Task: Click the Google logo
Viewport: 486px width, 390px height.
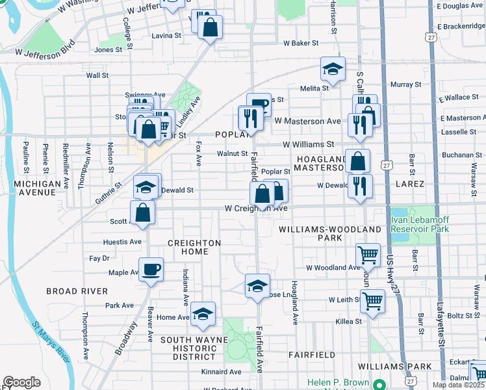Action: [x=21, y=382]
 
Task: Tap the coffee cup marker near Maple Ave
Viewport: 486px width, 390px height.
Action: [x=151, y=269]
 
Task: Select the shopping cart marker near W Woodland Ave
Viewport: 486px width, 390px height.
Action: [x=368, y=255]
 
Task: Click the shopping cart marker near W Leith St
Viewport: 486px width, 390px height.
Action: [x=372, y=301]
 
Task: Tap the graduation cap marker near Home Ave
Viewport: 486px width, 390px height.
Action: [x=203, y=315]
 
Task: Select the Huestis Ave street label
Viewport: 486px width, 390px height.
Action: [x=123, y=242]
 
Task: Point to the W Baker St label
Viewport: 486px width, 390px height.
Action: [x=300, y=43]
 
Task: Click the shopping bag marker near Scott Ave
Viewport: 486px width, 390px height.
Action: [x=142, y=212]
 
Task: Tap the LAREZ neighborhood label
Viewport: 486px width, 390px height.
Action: [x=409, y=184]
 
